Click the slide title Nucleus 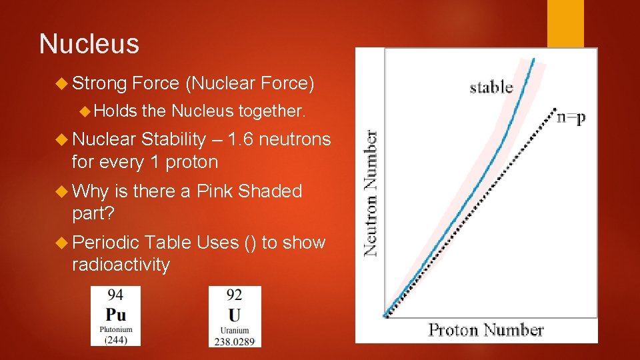tap(89, 44)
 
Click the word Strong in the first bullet tap(99, 83)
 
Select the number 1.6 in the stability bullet tap(240, 139)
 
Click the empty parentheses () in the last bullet tap(249, 243)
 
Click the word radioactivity tap(121, 265)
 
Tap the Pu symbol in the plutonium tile tap(116, 314)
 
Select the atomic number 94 tap(115, 295)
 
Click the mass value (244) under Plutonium tap(116, 339)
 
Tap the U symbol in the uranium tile tap(234, 315)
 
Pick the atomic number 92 tap(234, 295)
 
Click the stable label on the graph tap(491, 87)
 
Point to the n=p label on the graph tap(571, 117)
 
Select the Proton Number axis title tap(485, 330)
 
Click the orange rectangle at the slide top tap(565, 23)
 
